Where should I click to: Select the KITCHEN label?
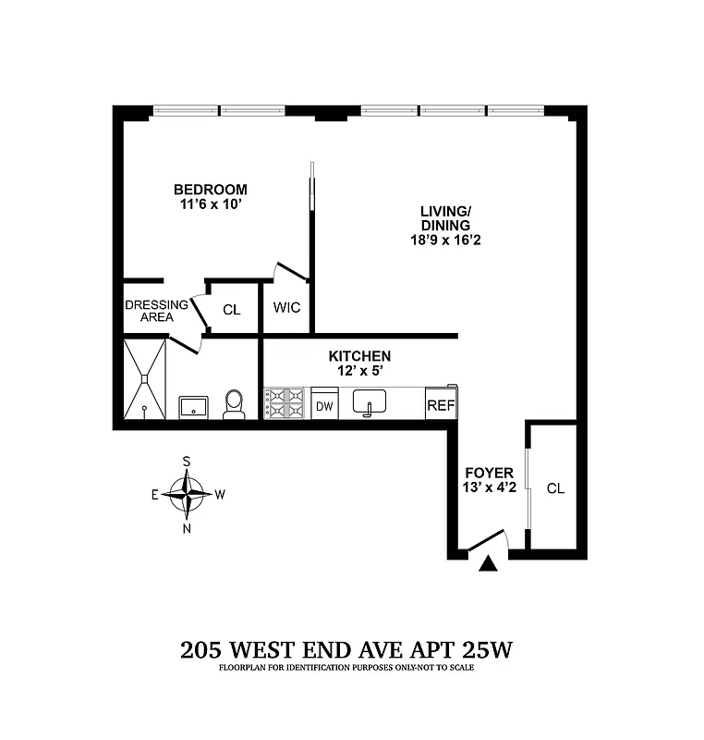[x=360, y=356]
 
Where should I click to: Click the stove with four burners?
[x=286, y=403]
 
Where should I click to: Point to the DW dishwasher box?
[x=324, y=405]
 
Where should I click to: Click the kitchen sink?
[x=373, y=403]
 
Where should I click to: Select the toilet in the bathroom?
[x=234, y=403]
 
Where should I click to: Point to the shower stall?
[x=144, y=379]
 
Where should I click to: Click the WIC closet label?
[x=287, y=308]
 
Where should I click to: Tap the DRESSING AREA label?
[x=156, y=311]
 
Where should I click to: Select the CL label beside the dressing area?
[x=231, y=309]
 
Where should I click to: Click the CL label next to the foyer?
[x=554, y=488]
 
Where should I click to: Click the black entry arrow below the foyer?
[x=489, y=561]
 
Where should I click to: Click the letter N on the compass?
[x=188, y=529]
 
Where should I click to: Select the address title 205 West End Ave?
[x=346, y=648]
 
